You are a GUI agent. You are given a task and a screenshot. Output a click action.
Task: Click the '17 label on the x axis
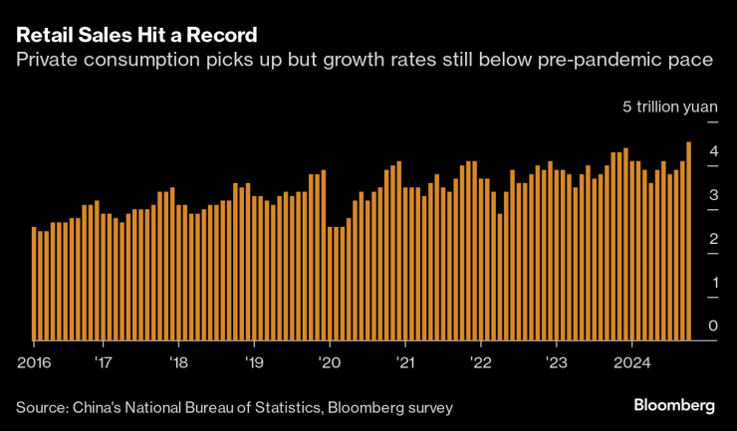[103, 361]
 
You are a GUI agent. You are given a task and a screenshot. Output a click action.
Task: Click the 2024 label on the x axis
[633, 361]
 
